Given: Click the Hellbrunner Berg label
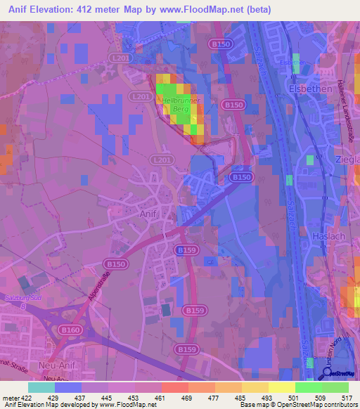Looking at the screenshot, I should tap(182, 107).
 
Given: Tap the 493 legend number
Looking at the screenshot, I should tap(268, 397).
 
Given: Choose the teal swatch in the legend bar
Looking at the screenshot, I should tap(41, 387).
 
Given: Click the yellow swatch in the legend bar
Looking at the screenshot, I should tap(281, 387).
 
